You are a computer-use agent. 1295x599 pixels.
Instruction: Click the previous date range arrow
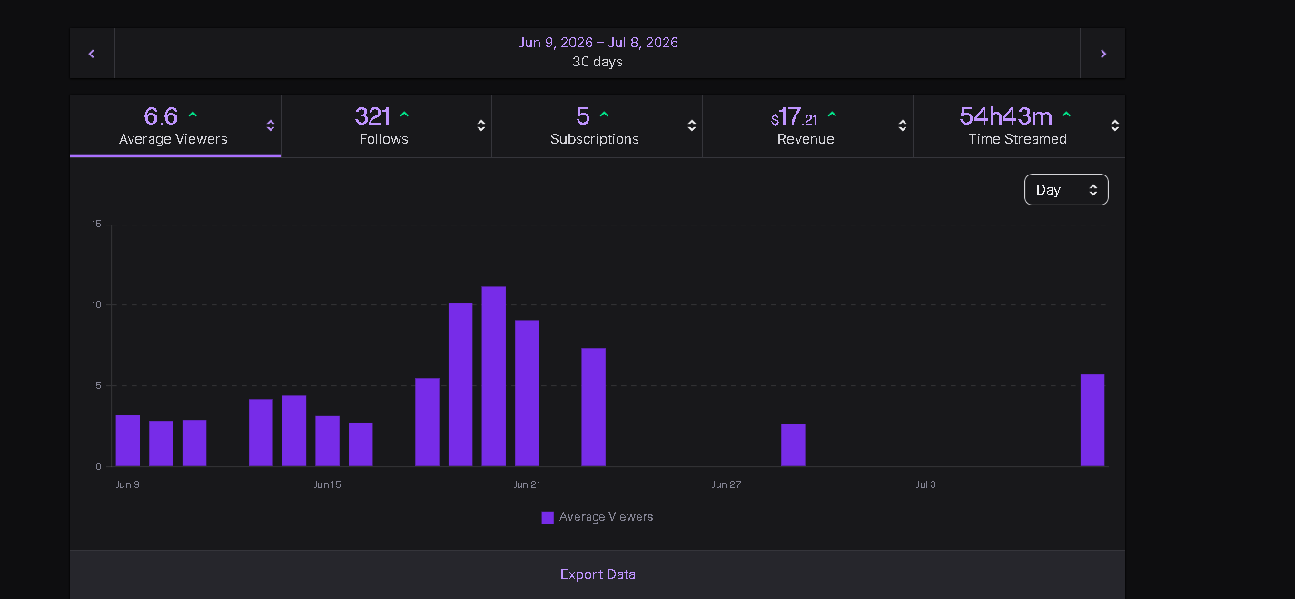pos(92,54)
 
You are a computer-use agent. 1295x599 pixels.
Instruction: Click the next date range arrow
pos(1103,54)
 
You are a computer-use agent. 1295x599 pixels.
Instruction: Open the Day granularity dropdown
pos(1066,189)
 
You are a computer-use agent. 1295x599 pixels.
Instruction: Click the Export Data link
pos(598,574)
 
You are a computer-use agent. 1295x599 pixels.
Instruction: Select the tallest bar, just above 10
pos(494,376)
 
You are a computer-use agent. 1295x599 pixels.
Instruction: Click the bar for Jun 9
pos(128,441)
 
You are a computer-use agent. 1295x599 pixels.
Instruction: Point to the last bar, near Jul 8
pos(1092,420)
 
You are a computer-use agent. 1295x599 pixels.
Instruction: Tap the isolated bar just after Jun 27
pos(793,445)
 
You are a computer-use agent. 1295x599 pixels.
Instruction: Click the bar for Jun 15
pos(327,441)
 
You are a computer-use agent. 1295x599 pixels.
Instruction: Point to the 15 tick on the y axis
pos(96,224)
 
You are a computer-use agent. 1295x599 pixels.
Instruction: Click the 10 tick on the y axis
pos(96,305)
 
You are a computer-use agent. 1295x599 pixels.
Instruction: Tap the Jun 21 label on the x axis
pos(527,484)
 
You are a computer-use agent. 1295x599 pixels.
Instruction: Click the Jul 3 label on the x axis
pos(925,484)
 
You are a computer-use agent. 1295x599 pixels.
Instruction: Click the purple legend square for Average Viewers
pos(548,517)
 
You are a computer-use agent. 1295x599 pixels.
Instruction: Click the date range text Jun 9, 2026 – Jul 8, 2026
pos(598,42)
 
